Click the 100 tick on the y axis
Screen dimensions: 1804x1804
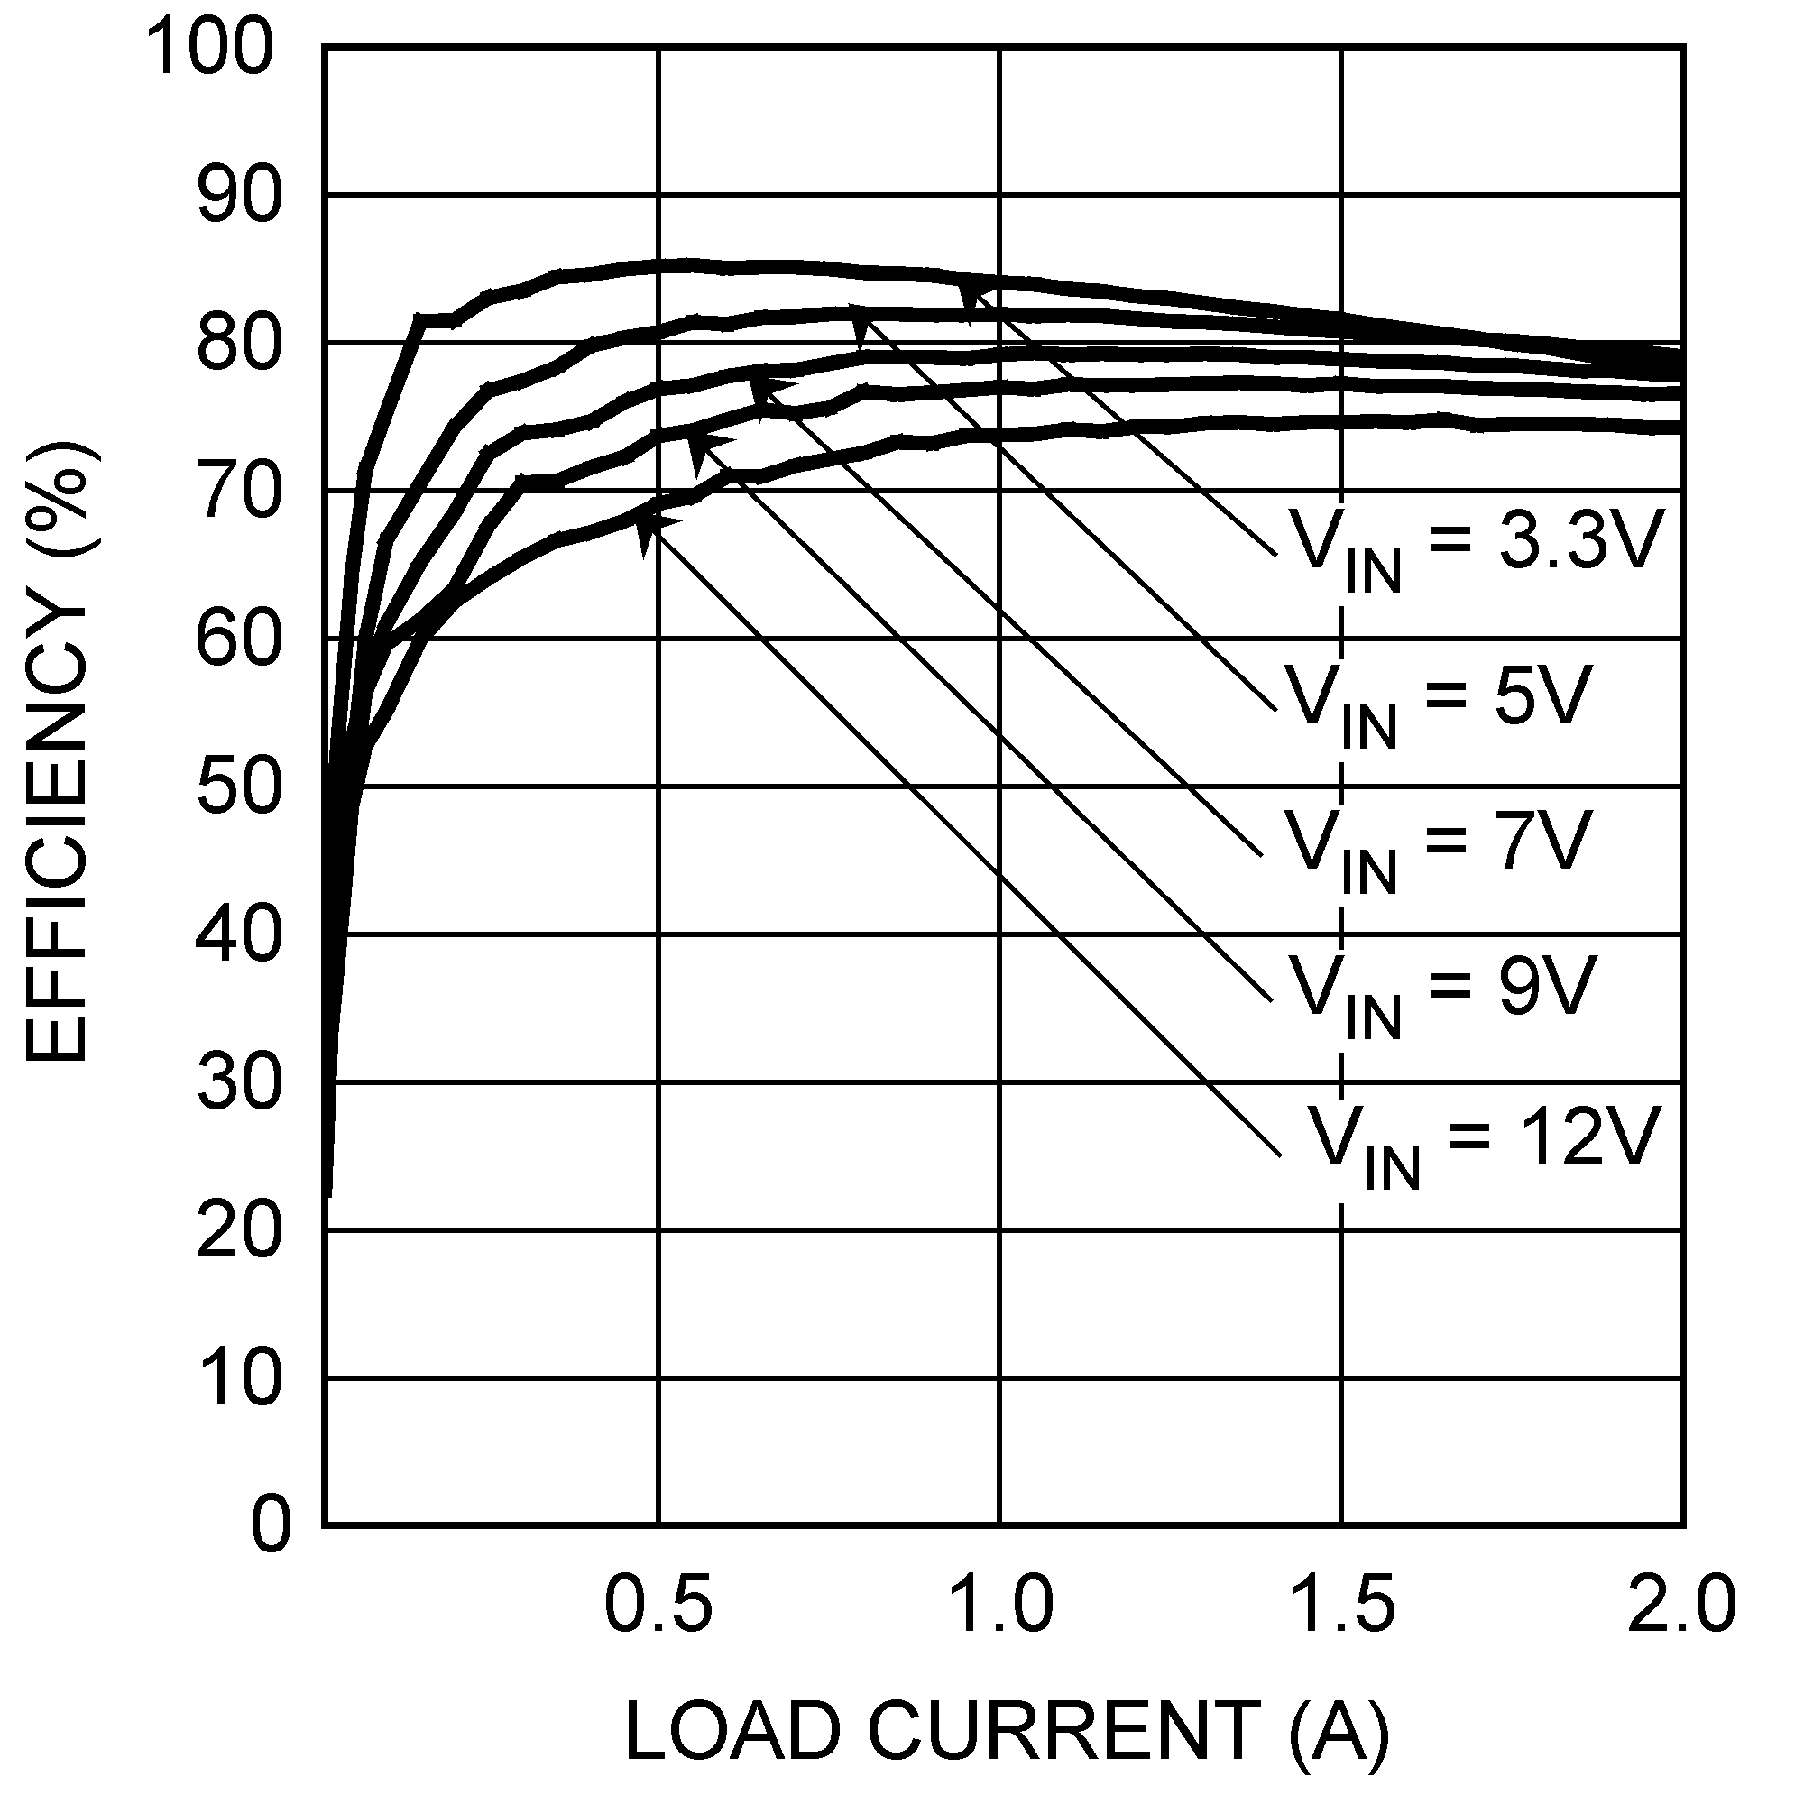pos(213,49)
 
